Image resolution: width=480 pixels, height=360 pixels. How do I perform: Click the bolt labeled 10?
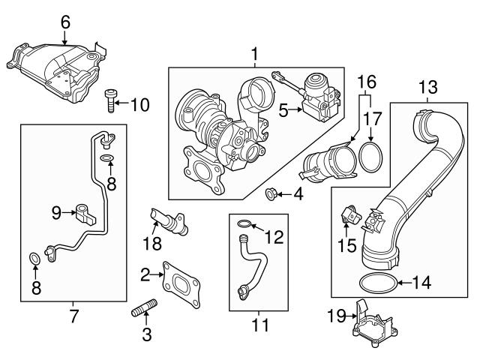[x=110, y=100]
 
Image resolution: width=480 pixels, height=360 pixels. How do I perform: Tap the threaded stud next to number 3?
[x=144, y=310]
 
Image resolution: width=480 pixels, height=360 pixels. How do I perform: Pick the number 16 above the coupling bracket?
[x=367, y=81]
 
